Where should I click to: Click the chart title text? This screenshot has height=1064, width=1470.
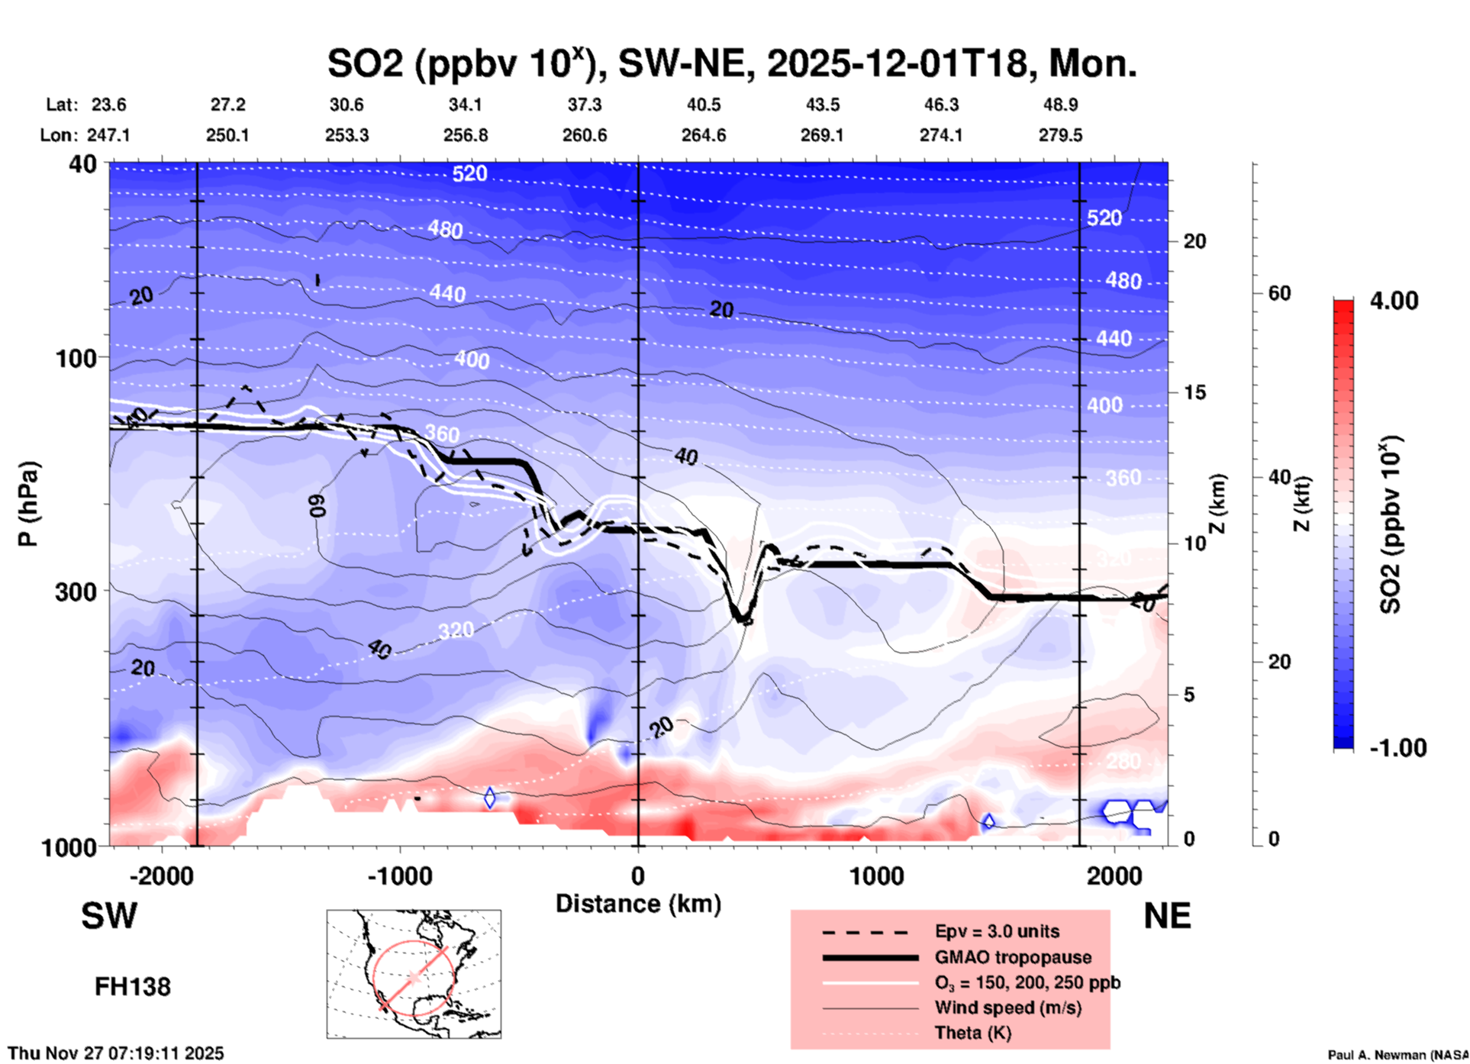(x=731, y=63)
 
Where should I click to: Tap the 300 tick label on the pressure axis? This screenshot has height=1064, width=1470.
(x=76, y=592)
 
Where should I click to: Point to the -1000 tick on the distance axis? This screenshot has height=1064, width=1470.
(x=400, y=875)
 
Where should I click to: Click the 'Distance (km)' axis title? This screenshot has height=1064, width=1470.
(x=638, y=904)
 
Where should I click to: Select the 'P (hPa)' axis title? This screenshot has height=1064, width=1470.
(x=28, y=504)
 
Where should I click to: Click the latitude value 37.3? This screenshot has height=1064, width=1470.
(x=585, y=105)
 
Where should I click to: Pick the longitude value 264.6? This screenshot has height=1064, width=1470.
(x=704, y=135)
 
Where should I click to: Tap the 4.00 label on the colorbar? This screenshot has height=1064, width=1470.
(x=1394, y=301)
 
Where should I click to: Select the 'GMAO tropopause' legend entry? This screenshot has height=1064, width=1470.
(x=1013, y=957)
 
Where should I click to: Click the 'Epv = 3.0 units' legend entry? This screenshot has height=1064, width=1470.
(x=997, y=931)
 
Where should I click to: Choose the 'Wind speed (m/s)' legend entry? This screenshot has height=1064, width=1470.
(x=1007, y=1008)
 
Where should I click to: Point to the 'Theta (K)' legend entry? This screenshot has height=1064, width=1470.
(x=972, y=1033)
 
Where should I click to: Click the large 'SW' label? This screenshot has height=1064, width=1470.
(x=109, y=916)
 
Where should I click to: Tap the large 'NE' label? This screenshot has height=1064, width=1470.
(x=1167, y=916)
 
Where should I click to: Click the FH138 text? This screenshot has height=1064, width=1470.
(x=133, y=987)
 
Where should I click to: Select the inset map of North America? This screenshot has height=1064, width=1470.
(x=414, y=974)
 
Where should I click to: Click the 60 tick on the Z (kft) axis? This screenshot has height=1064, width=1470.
(x=1279, y=293)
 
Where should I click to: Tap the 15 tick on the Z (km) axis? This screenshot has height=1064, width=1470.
(x=1194, y=392)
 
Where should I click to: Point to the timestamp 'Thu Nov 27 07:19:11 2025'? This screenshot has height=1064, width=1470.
(x=116, y=1053)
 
